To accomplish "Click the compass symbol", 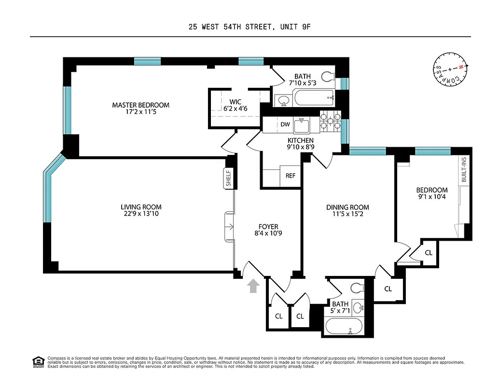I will pyautogui.click(x=449, y=70).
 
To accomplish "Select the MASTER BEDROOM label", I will pyautogui.click(x=140, y=105).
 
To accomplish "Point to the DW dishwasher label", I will pyautogui.click(x=285, y=125).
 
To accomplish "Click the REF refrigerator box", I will pyautogui.click(x=290, y=176).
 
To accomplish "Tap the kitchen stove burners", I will pyautogui.click(x=330, y=121).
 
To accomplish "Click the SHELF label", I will pyautogui.click(x=229, y=178).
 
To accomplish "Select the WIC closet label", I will pyautogui.click(x=236, y=102).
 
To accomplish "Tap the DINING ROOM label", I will pyautogui.click(x=347, y=207).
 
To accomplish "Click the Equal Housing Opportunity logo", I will pyautogui.click(x=38, y=361).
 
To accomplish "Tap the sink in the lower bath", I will pyautogui.click(x=359, y=307).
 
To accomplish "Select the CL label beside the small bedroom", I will pyautogui.click(x=429, y=252).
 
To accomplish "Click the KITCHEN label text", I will pyautogui.click(x=300, y=140).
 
